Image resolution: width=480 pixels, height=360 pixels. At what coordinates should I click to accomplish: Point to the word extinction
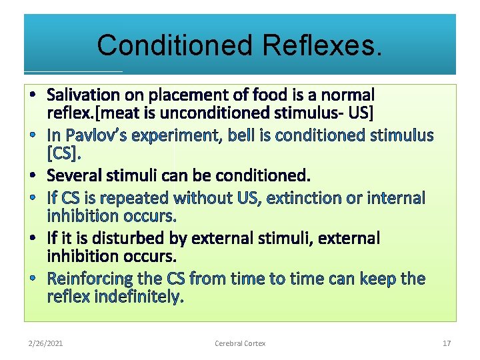click(x=311, y=198)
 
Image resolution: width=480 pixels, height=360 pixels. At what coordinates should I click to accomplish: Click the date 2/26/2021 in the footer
click(x=46, y=343)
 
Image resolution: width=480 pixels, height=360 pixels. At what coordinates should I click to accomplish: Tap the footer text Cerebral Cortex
click(x=240, y=343)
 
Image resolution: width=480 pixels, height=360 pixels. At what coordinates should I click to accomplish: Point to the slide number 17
click(x=447, y=343)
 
